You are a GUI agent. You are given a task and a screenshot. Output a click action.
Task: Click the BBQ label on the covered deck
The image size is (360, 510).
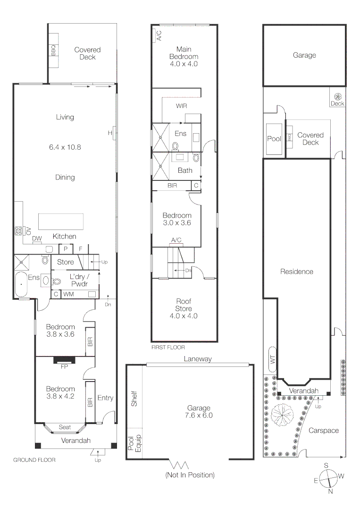pyautogui.click(x=53, y=50)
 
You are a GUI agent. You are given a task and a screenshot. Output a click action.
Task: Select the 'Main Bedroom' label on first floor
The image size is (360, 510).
pyautogui.click(x=184, y=56)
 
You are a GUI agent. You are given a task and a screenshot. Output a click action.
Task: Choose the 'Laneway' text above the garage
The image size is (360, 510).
pyautogui.click(x=198, y=359)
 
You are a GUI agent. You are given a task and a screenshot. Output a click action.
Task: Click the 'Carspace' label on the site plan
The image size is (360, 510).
pyautogui.click(x=323, y=430)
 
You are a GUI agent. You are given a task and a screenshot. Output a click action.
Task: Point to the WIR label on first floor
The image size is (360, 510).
pyautogui.click(x=182, y=106)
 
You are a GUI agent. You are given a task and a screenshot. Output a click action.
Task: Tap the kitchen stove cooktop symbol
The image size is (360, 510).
pyautogui.click(x=19, y=231)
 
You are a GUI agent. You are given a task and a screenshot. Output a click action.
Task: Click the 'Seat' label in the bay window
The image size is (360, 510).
pyautogui.click(x=65, y=427)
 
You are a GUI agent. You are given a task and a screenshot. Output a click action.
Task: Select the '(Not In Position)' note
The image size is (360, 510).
pyautogui.click(x=190, y=474)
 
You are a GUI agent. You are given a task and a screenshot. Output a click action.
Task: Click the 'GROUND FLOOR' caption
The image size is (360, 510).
pyautogui.click(x=34, y=459)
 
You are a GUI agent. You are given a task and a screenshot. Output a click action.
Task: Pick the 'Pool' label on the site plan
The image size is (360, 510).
pyautogui.click(x=274, y=139)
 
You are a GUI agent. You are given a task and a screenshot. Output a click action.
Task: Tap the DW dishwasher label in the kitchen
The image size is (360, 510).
pyautogui.click(x=36, y=239)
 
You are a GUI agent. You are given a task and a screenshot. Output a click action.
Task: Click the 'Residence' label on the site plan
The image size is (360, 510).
pyautogui.click(x=296, y=272)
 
